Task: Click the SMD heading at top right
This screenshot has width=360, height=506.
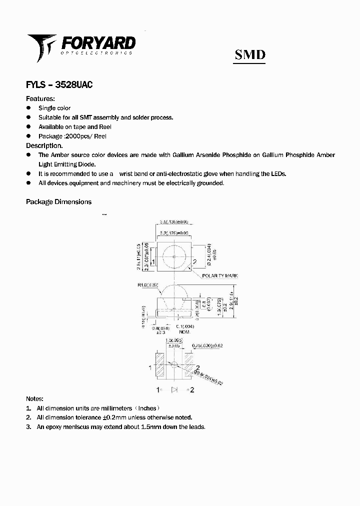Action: [250, 54]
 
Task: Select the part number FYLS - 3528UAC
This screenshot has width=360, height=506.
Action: [59, 85]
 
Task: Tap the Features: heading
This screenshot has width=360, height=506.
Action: [40, 98]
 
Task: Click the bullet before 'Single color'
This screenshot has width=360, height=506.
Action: [28, 108]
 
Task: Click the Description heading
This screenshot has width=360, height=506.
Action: [44, 145]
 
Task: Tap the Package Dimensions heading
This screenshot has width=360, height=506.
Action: [58, 202]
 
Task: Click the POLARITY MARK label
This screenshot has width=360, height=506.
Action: [220, 276]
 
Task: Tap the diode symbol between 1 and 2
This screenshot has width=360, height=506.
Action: [174, 389]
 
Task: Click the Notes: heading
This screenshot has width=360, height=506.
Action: [34, 399]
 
